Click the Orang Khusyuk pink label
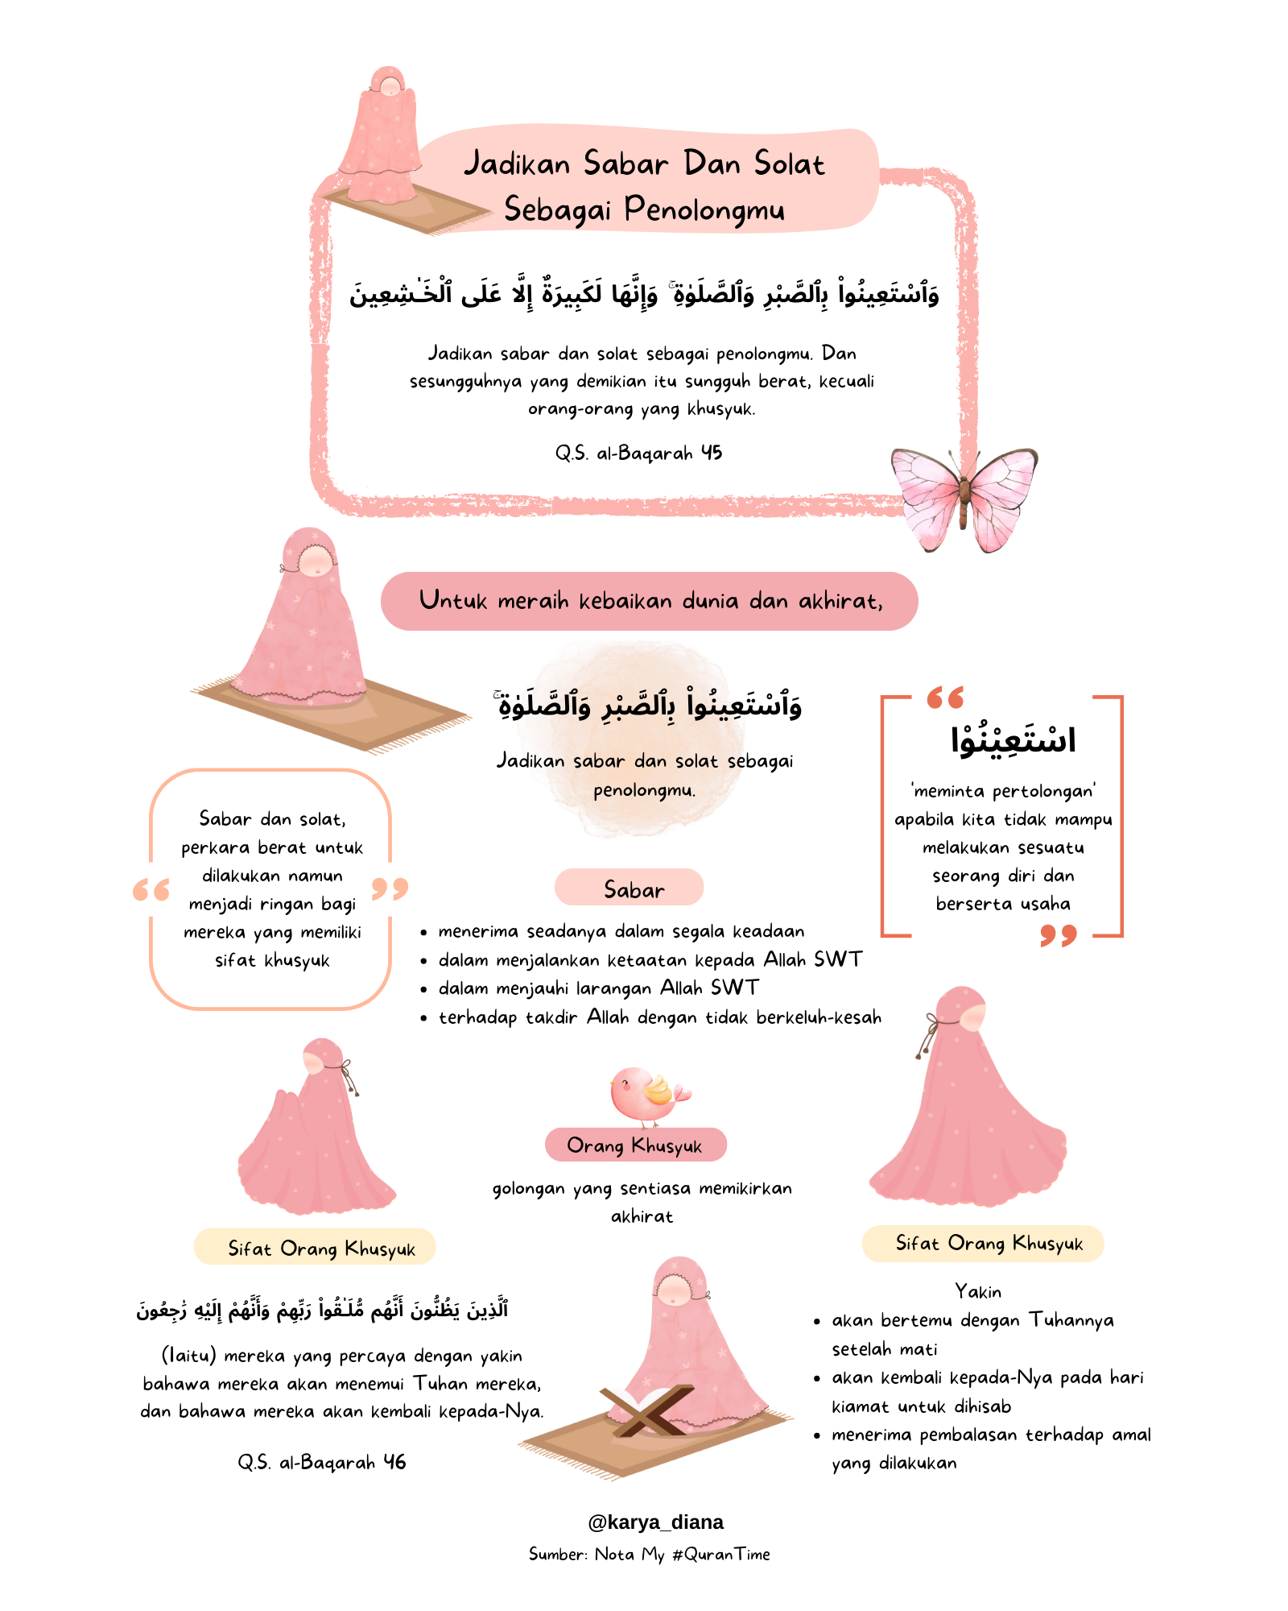[635, 1145]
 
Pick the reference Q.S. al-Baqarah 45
[638, 453]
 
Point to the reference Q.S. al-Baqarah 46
[322, 1462]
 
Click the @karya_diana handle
[655, 1522]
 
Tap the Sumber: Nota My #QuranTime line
[649, 1554]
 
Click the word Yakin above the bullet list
[978, 1291]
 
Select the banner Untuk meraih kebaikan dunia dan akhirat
[649, 601]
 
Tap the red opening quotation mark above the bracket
[945, 698]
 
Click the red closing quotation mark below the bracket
[1058, 935]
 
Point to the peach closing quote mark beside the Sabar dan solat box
[390, 888]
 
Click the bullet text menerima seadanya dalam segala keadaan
[621, 931]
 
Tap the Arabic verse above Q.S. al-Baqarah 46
[322, 1309]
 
